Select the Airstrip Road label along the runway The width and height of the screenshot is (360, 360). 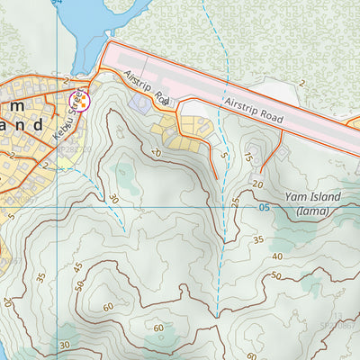[x=254, y=112]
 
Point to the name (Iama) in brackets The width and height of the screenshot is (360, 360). [x=312, y=212]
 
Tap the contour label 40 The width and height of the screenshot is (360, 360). [x=276, y=256]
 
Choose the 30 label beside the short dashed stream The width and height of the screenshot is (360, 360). [x=113, y=199]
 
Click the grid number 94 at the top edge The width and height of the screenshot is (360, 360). [x=56, y=4]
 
